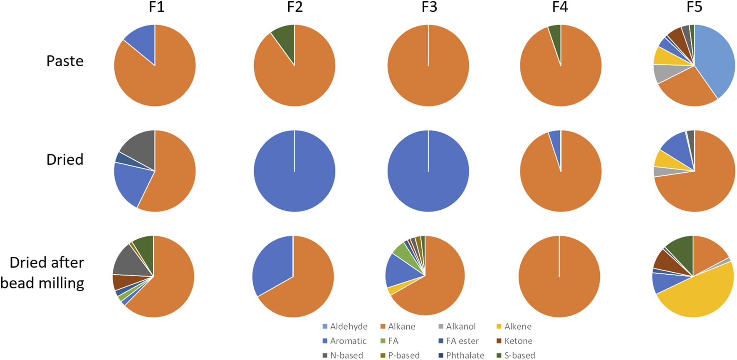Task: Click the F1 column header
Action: (x=156, y=7)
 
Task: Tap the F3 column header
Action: (x=429, y=7)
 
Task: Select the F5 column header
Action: (x=694, y=7)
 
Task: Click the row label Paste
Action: (x=65, y=61)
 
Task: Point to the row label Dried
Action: (x=65, y=159)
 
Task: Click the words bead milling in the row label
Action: (x=42, y=283)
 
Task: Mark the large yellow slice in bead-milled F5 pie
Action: (x=699, y=295)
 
